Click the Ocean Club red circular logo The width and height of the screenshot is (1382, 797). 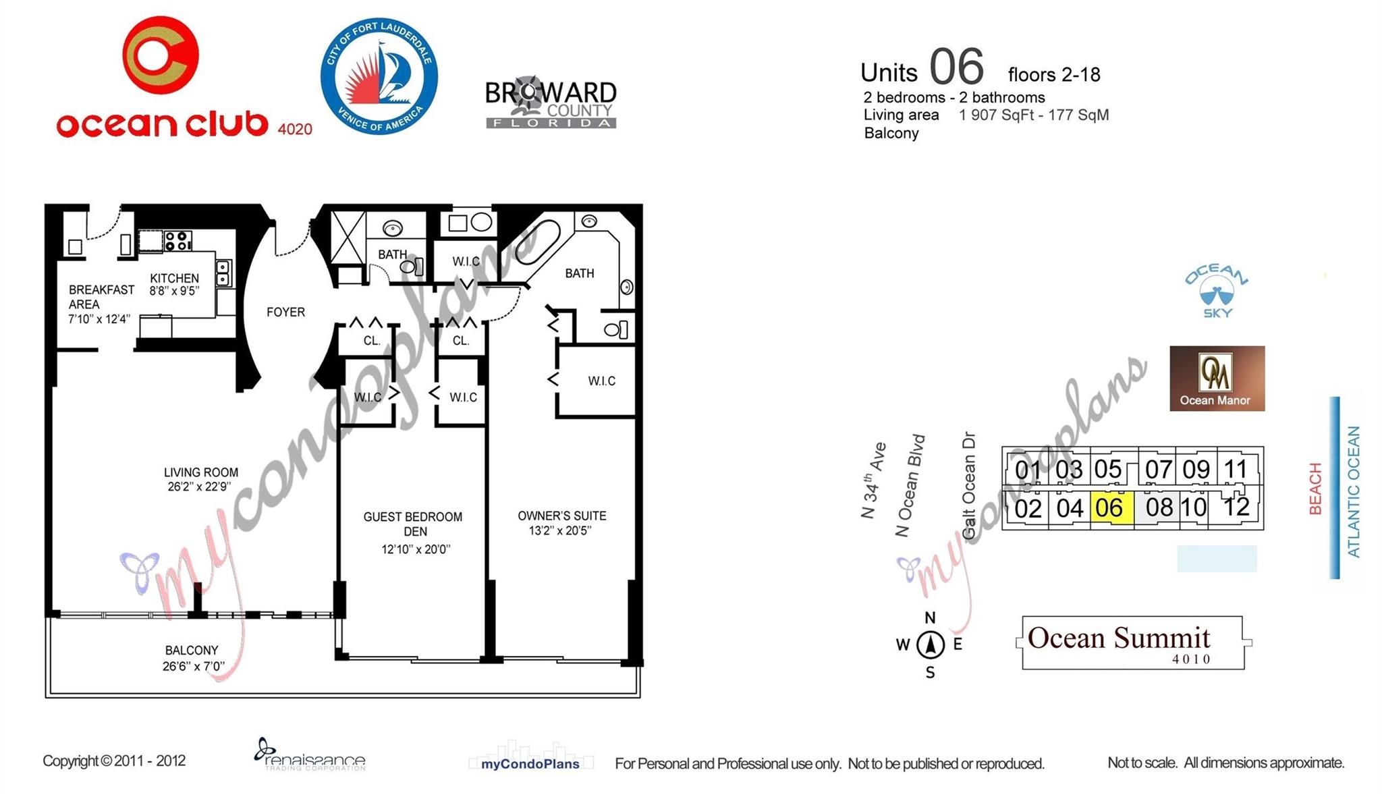(161, 55)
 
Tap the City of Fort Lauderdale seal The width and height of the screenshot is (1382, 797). (379, 76)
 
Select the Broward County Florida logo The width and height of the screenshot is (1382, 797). (551, 103)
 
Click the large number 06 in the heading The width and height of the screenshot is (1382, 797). (956, 67)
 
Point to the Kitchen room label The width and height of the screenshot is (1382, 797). (174, 278)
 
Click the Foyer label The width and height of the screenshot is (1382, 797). (285, 312)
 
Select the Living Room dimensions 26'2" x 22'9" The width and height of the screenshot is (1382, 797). (199, 487)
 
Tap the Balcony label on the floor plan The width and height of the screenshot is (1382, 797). (192, 651)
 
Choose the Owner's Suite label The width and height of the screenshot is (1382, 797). (561, 516)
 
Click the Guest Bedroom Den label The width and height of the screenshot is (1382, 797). (413, 524)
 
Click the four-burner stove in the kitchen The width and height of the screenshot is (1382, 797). (178, 240)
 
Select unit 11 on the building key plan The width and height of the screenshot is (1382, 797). (1236, 468)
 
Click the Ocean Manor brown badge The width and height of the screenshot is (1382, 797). (1217, 379)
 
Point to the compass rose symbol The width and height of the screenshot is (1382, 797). (930, 644)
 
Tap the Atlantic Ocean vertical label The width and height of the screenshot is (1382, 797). (1354, 491)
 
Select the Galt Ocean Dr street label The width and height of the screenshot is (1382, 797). (969, 485)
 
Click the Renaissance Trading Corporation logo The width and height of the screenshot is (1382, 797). (310, 755)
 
